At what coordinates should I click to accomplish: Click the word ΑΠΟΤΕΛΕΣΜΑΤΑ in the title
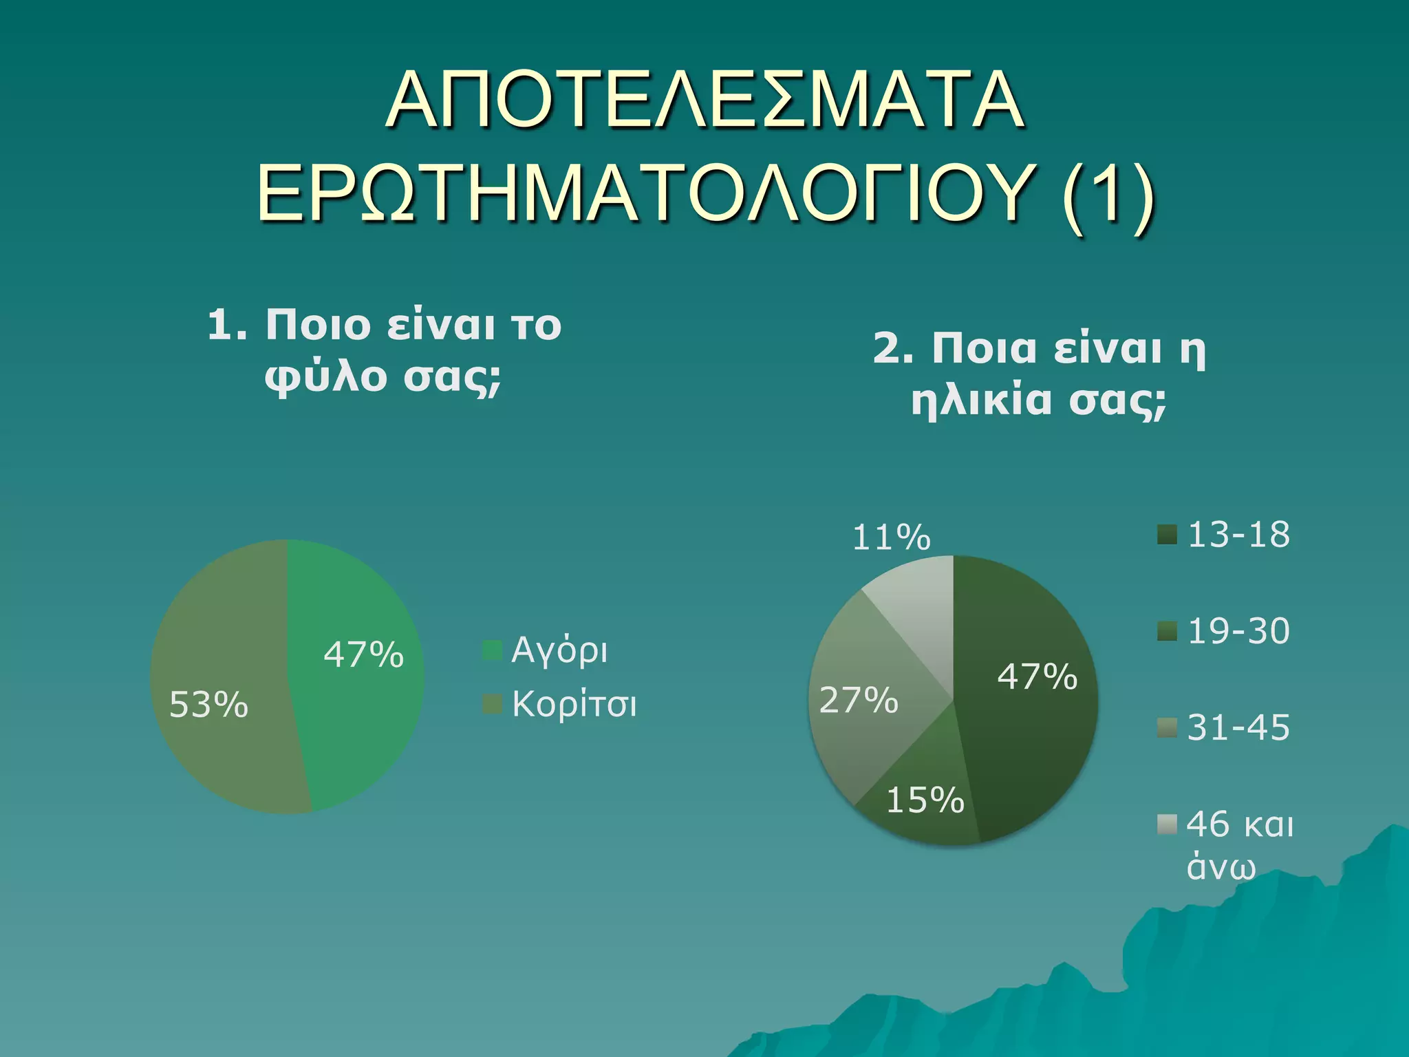(705, 100)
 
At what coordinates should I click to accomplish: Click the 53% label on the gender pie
(208, 705)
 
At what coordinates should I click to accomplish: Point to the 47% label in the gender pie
(363, 654)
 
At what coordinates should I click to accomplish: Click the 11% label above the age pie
(891, 537)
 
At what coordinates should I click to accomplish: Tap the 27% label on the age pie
(859, 700)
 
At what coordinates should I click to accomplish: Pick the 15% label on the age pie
(925, 800)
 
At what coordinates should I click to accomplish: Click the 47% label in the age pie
(1037, 676)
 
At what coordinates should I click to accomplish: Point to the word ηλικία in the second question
(981, 401)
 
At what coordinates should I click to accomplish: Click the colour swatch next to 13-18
(1168, 535)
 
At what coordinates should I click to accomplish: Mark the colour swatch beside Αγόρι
(493, 650)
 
